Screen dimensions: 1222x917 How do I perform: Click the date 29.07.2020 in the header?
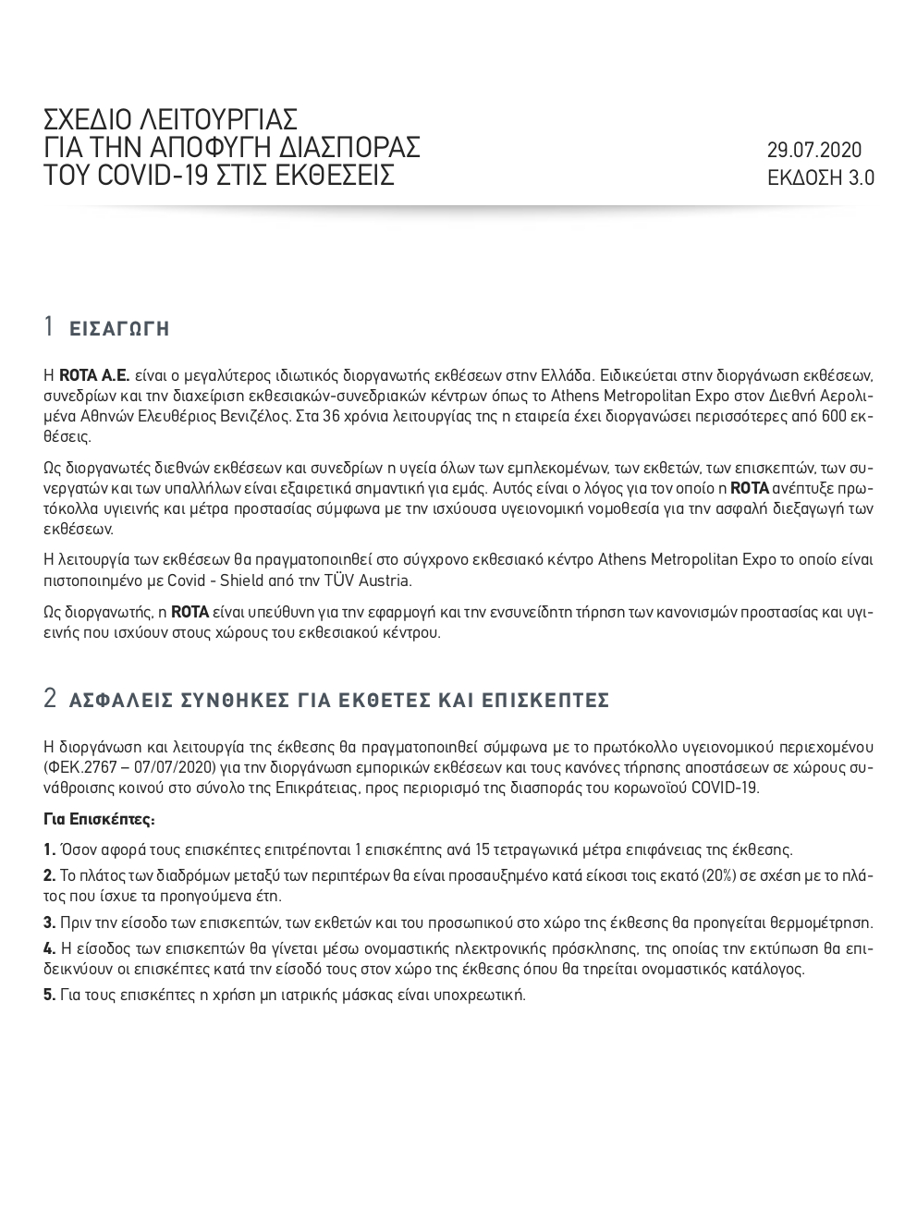tap(813, 150)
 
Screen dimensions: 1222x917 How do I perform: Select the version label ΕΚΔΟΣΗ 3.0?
tap(820, 177)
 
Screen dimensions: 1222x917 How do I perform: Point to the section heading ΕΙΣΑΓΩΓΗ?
tap(119, 329)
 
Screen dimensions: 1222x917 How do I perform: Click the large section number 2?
tap(51, 699)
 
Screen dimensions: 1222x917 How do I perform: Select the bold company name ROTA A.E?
tap(94, 376)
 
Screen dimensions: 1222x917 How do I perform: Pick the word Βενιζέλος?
tap(251, 416)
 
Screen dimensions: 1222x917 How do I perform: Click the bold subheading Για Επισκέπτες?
tap(99, 819)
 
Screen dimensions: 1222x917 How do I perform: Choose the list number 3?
tap(50, 922)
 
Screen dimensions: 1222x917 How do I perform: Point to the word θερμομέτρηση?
tap(825, 922)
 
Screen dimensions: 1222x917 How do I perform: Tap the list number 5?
tap(50, 995)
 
